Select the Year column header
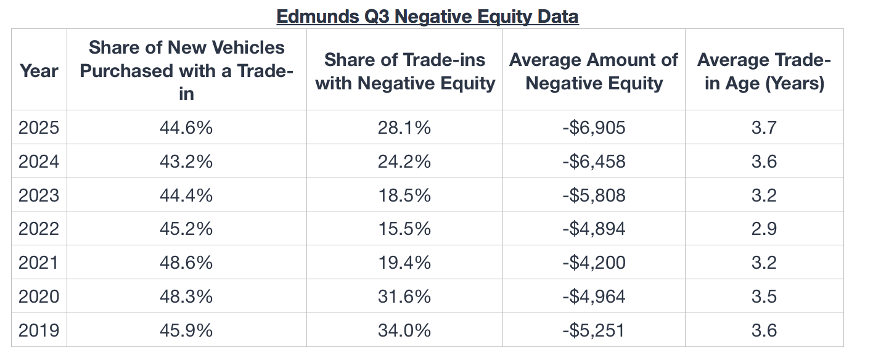point(38,71)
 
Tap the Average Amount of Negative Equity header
point(593,72)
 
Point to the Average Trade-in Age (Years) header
point(764,72)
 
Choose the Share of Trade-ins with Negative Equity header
point(404,72)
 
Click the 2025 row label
point(38,128)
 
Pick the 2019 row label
point(38,330)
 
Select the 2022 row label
point(38,229)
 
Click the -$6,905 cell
point(593,128)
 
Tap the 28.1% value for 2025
point(404,128)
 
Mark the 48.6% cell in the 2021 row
point(186,263)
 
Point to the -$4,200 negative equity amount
point(593,263)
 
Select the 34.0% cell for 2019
point(404,330)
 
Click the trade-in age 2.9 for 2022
point(764,229)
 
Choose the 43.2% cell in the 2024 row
point(186,162)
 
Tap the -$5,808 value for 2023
point(593,196)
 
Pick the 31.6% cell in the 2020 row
point(404,297)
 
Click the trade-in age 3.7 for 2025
point(764,128)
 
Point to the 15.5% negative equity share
point(404,229)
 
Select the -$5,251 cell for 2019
point(593,330)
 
